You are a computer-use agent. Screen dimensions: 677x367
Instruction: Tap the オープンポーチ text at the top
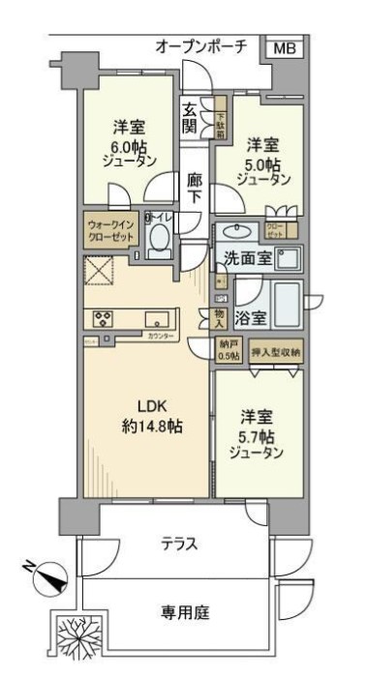coord(202,46)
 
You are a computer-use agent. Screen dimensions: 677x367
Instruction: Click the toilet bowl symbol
coord(161,239)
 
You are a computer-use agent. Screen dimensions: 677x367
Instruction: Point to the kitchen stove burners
coord(103,317)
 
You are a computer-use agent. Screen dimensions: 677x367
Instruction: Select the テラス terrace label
coord(180,545)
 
